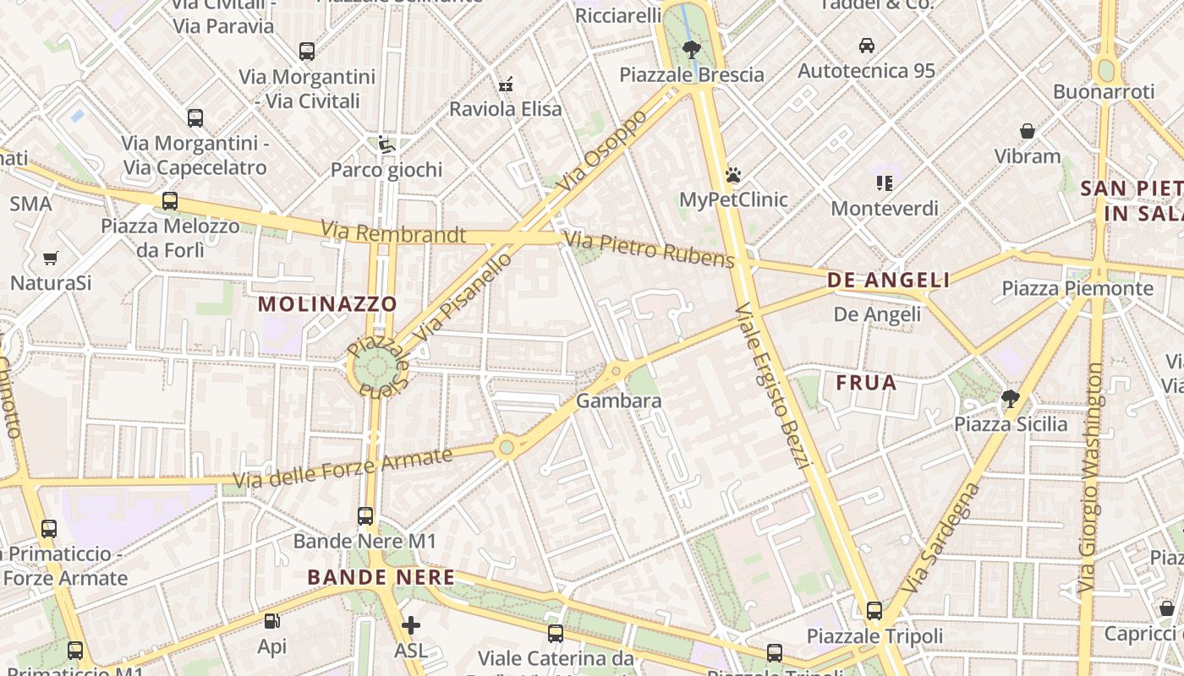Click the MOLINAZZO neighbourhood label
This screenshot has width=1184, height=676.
327,303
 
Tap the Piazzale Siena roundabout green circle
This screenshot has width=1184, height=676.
376,368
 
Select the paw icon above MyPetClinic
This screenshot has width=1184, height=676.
733,175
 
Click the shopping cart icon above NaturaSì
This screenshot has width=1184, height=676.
51,258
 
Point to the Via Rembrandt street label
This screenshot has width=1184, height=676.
393,232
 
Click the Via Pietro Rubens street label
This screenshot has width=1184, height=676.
650,250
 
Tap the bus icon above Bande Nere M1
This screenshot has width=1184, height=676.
365,515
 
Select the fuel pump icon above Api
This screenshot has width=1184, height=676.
272,621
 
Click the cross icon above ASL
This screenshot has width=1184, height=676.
411,625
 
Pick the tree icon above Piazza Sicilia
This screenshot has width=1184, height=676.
1010,398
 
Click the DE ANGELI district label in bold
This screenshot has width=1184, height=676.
888,280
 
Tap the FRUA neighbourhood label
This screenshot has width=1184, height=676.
866,383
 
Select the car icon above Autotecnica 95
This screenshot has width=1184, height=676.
867,45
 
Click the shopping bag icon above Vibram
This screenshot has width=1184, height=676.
1028,131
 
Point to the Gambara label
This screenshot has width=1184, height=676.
618,401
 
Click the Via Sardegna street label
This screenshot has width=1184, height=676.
940,537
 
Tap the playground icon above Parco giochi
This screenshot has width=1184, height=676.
386,144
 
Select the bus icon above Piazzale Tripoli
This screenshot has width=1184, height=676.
874,610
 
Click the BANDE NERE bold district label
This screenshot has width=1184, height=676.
381,578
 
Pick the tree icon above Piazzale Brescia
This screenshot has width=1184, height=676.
692,49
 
